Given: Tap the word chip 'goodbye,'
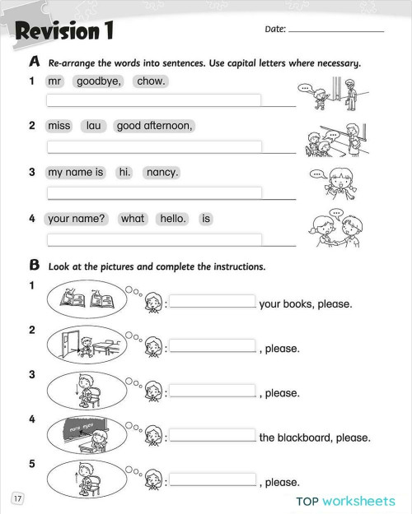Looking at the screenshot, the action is (x=100, y=81).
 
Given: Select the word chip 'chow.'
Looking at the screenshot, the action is (x=151, y=81).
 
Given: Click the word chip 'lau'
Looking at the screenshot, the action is (x=92, y=126).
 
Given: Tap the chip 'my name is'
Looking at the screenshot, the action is (x=76, y=173).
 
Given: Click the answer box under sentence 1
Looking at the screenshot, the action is (x=154, y=101).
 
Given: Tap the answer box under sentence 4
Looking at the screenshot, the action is (x=154, y=239).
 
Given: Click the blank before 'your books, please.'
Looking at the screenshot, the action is (x=213, y=302).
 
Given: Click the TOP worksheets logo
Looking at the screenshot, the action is (x=345, y=500).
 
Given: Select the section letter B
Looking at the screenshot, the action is (x=35, y=266).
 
